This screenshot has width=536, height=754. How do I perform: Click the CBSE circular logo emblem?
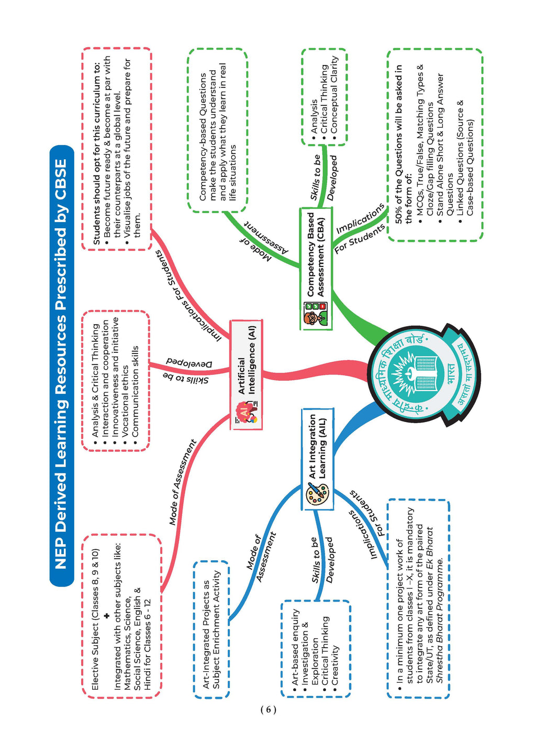(423, 375)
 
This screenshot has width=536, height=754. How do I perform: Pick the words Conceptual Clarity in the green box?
(334, 94)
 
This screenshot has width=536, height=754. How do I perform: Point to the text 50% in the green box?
(398, 215)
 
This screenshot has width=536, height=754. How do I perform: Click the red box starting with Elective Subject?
(122, 616)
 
